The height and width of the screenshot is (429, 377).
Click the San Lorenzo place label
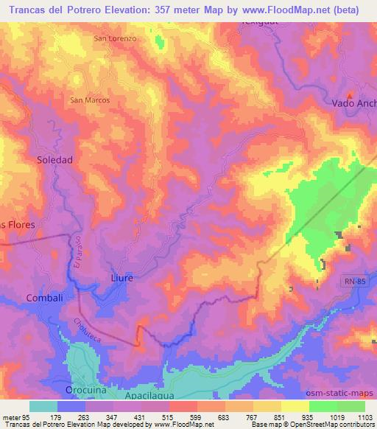tap(116, 38)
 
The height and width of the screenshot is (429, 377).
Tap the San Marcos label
tap(90, 100)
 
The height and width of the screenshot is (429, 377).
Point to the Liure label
tap(110, 279)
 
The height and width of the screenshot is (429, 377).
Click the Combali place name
tap(42, 297)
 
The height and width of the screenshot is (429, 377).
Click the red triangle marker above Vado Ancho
tap(350, 94)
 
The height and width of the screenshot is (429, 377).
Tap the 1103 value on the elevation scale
tap(365, 417)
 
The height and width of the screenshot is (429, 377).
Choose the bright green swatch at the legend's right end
tap(351, 406)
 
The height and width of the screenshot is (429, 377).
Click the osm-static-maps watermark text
tap(345, 392)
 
